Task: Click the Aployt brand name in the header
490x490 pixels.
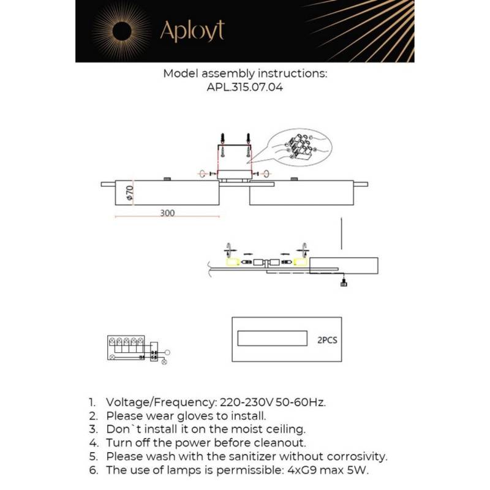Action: [192, 31]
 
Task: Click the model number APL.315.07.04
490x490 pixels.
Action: [245, 88]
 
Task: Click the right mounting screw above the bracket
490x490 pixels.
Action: [247, 141]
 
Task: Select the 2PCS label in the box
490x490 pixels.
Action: [327, 339]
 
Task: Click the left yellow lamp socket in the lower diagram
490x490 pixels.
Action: [232, 262]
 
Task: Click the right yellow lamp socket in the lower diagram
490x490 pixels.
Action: [300, 262]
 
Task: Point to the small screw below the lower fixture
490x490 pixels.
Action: [345, 282]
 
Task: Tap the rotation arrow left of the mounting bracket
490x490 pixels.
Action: [203, 174]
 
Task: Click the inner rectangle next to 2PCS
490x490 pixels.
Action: [273, 339]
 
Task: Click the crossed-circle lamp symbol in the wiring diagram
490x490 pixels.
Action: [164, 361]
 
